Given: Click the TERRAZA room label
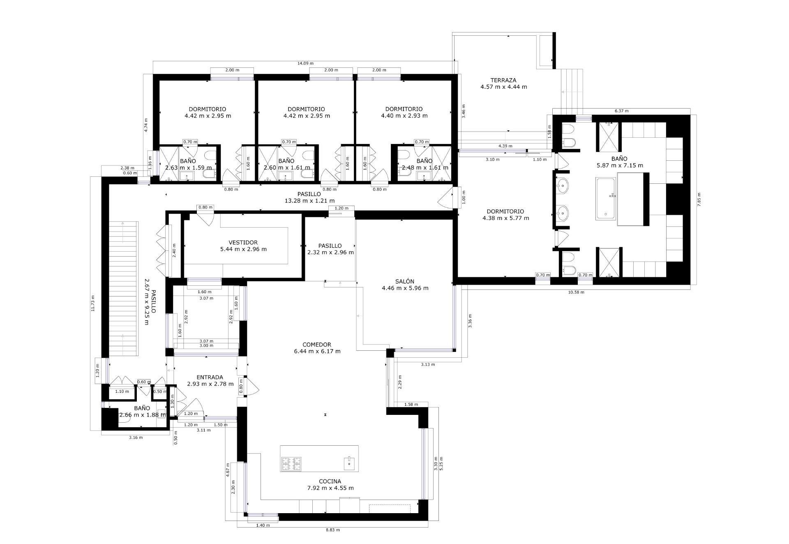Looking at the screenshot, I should pyautogui.click(x=503, y=81).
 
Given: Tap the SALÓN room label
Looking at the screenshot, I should pyautogui.click(x=404, y=282).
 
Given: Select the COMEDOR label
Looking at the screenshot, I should pyautogui.click(x=316, y=345).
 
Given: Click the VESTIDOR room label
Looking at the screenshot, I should pyautogui.click(x=243, y=243).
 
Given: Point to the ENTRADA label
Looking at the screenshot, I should pyautogui.click(x=210, y=377).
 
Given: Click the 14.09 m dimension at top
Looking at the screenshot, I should pyautogui.click(x=305, y=63).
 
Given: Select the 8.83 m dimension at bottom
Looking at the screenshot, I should pyautogui.click(x=332, y=530).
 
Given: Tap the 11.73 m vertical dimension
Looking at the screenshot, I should pyautogui.click(x=93, y=303).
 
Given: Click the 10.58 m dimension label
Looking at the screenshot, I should pyautogui.click(x=576, y=292).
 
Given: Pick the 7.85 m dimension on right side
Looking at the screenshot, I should pyautogui.click(x=699, y=200).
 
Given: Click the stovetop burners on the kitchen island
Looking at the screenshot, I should pyautogui.click(x=291, y=464).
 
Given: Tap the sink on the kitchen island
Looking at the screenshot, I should pyautogui.click(x=349, y=463).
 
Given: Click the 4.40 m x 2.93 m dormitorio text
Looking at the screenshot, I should pyautogui.click(x=404, y=116).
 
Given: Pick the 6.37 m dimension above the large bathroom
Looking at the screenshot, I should pyautogui.click(x=621, y=111).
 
